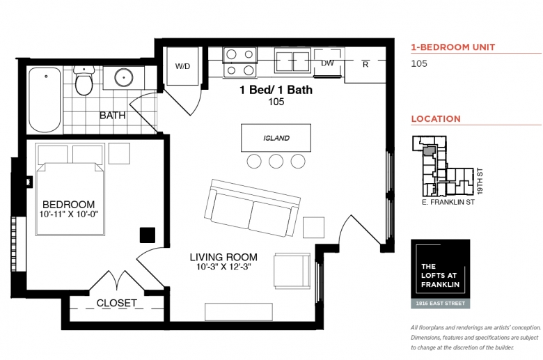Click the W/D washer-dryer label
[x=182, y=66]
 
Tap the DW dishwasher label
[x=327, y=63]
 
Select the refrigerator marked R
[x=365, y=65]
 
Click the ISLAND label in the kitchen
[x=276, y=139]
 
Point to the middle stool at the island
[x=276, y=161]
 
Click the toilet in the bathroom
[x=84, y=80]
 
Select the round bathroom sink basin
[x=124, y=77]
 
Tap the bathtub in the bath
[x=45, y=100]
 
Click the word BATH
[x=113, y=116]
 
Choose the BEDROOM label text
[x=68, y=205]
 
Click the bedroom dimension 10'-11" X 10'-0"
[x=68, y=214]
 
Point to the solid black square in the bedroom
[x=148, y=235]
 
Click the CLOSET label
[x=117, y=303]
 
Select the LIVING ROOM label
[x=223, y=257]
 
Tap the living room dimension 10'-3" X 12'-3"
[x=223, y=267]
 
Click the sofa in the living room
[x=252, y=208]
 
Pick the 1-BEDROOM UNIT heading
[x=453, y=47]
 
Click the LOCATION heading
[x=436, y=119]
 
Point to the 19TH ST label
[x=480, y=181]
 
